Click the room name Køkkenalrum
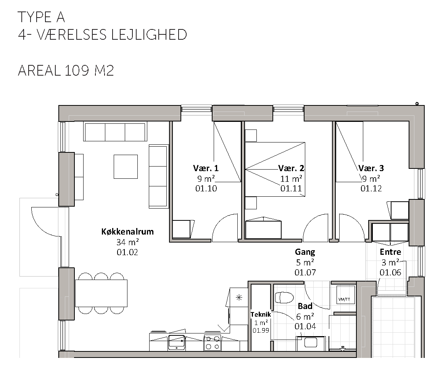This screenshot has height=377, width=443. [127, 231]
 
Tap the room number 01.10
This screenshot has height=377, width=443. [206, 188]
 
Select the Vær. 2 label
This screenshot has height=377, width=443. [291, 168]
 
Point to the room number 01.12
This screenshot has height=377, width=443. [371, 188]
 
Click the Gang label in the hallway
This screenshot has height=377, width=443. [305, 252]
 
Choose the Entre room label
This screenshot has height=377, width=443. [390, 252]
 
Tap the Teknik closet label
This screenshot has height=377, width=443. [261, 314]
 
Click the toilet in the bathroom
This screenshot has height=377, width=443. [284, 297]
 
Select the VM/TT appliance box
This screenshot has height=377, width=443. [346, 295]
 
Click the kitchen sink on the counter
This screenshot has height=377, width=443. [177, 342]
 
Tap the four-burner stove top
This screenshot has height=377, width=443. [213, 343]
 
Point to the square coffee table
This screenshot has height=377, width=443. [126, 167]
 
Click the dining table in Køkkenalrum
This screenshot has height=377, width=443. [101, 293]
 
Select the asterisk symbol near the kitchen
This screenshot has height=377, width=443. [239, 297]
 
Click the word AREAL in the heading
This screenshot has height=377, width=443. [39, 70]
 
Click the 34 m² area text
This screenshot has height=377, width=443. [128, 242]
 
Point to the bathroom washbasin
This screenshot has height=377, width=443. [311, 343]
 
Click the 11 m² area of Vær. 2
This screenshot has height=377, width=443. [291, 178]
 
